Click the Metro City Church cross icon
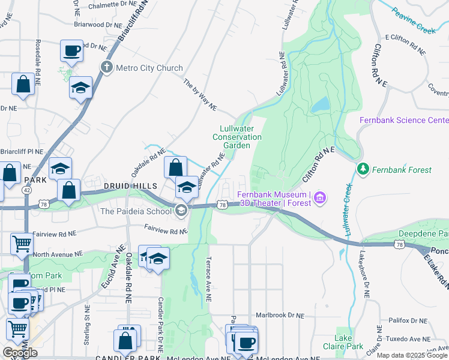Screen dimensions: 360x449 [107, 67]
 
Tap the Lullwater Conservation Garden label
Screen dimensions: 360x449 [237, 137]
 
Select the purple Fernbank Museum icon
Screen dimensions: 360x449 [321, 197]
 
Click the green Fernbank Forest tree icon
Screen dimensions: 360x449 [362, 169]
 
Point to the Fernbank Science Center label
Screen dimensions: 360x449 [403, 120]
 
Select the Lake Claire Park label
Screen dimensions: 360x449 [349, 342]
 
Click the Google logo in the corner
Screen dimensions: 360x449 [20, 352]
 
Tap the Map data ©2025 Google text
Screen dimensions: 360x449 [412, 355]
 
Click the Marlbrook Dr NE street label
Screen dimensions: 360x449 [280, 315]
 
